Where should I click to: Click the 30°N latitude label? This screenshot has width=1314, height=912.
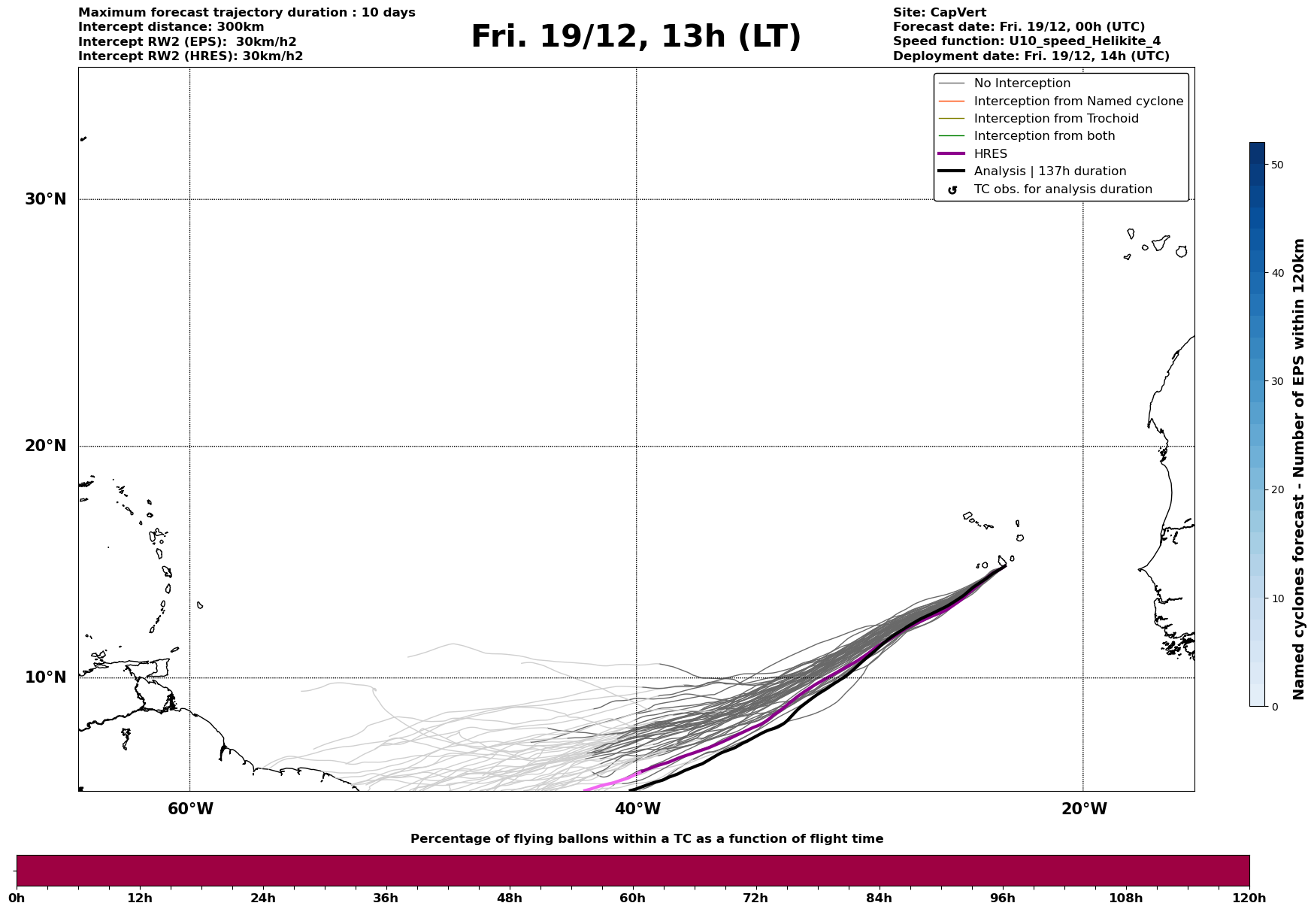point(45,199)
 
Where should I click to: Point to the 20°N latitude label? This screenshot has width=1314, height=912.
point(45,446)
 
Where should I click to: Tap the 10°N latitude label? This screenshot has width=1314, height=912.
point(45,677)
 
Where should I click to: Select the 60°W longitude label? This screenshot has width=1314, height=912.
point(190,809)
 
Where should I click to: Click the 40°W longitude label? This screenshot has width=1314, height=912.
point(637,809)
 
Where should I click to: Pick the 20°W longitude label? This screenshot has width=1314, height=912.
point(1083,809)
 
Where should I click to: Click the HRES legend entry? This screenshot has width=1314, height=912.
point(990,154)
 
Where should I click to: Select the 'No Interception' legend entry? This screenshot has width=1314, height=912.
point(1022,83)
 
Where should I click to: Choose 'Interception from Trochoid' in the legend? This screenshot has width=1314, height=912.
point(1055,119)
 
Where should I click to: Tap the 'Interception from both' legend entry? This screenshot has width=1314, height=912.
point(1044,136)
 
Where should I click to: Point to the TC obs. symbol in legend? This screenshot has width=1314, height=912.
point(952,190)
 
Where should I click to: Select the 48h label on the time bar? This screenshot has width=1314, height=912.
point(509,898)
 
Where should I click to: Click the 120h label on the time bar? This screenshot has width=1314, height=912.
point(1249,898)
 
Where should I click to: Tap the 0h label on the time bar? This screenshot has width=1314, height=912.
point(17,898)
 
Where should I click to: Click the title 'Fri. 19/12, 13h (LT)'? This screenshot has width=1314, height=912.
point(636,37)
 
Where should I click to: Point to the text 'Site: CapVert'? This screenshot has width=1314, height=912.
point(939,13)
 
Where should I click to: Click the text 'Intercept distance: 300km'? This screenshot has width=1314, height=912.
point(171,27)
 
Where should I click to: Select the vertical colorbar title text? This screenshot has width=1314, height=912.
point(1298,469)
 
